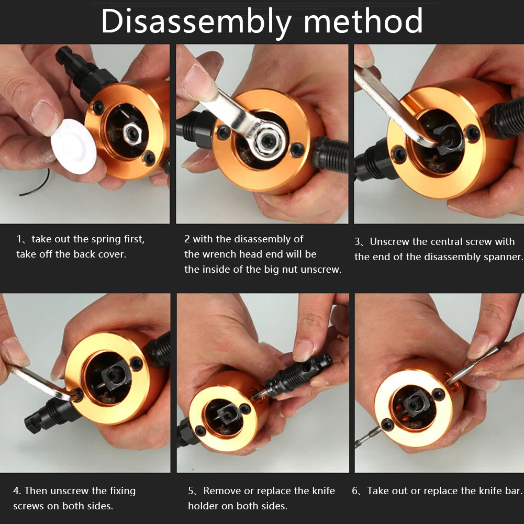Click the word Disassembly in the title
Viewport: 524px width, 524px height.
[196, 21]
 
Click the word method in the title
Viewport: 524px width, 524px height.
[363, 21]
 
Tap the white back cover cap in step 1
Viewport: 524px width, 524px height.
[73, 147]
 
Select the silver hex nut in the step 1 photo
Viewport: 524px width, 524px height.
[132, 133]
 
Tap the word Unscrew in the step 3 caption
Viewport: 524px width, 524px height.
[389, 242]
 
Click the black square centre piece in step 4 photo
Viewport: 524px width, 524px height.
[116, 376]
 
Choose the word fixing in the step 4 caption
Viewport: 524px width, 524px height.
[120, 491]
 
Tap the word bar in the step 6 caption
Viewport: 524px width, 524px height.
[514, 490]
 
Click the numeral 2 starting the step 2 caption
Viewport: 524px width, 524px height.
[187, 239]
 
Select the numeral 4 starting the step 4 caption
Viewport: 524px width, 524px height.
[17, 491]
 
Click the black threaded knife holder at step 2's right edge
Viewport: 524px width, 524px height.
[330, 154]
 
